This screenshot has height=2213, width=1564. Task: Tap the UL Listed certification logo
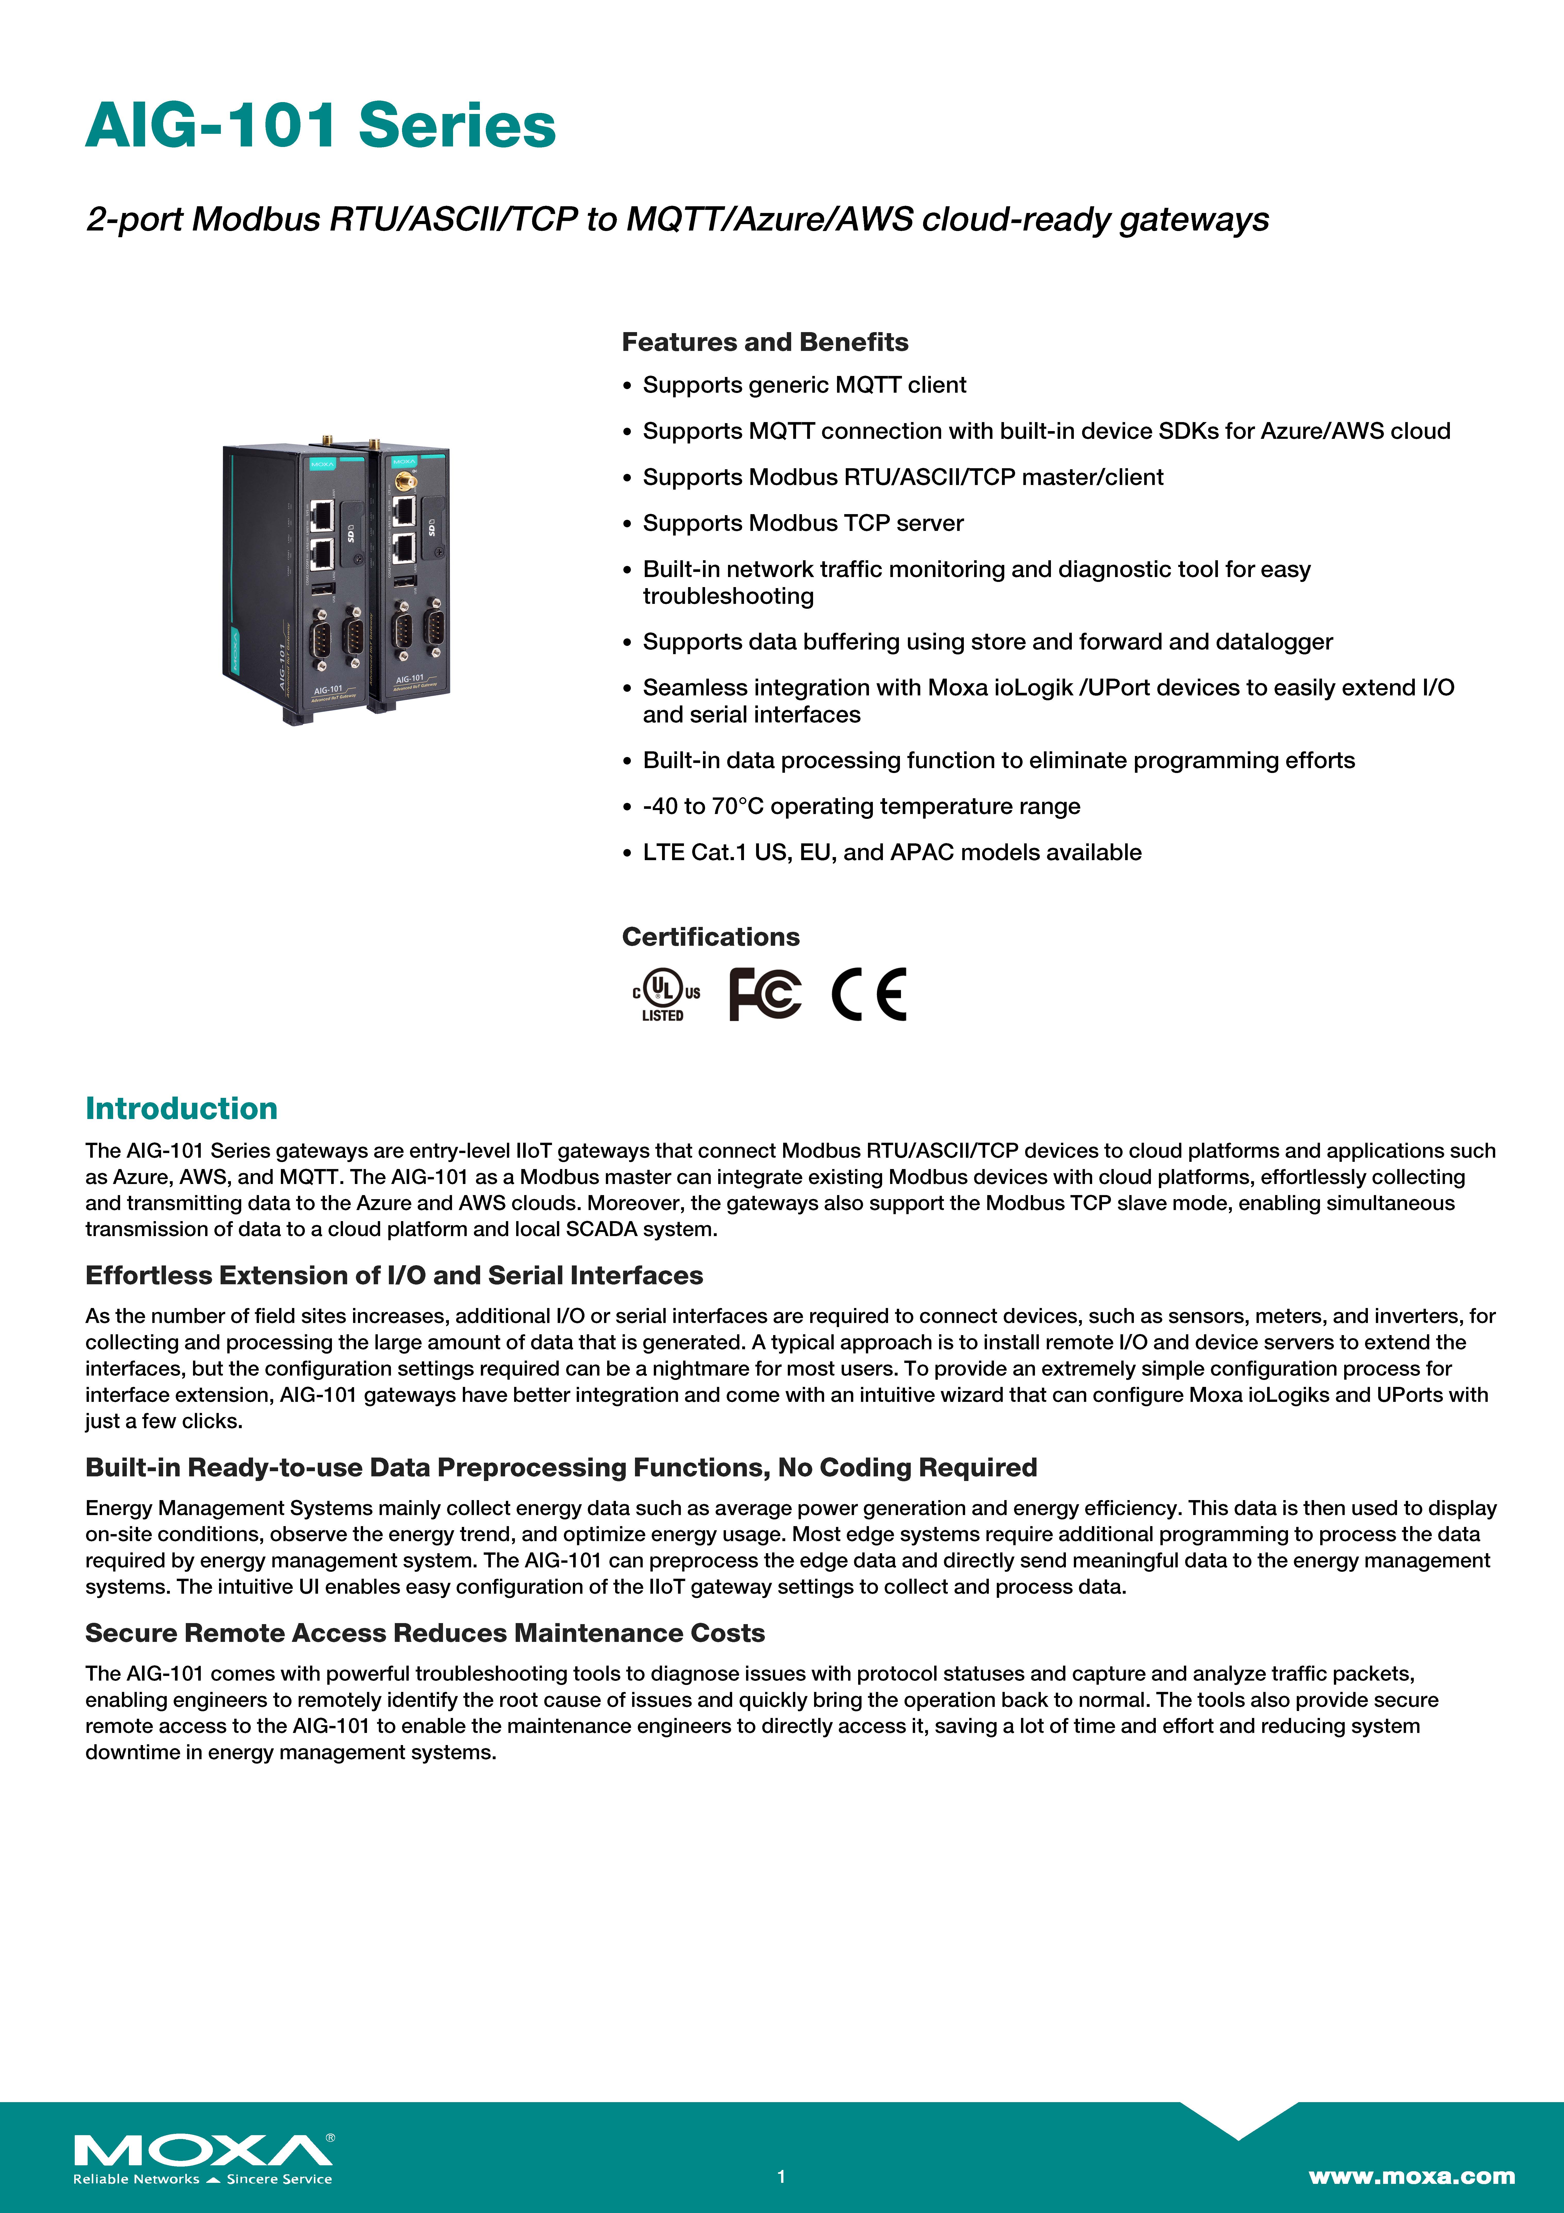665,995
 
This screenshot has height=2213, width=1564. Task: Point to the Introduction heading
181,1108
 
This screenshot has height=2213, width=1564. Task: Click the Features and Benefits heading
764,342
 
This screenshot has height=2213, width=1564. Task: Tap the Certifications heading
710,937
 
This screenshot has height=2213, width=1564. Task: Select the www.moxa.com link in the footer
1411,2175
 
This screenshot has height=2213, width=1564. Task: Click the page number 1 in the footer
782,2175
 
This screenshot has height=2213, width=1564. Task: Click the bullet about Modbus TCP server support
803,523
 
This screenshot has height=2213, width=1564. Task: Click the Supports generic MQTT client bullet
804,385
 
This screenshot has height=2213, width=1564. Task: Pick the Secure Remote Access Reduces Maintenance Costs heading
425,1633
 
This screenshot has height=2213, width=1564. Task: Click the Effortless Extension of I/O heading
394,1275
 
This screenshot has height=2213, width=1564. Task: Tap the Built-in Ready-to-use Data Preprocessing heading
561,1467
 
